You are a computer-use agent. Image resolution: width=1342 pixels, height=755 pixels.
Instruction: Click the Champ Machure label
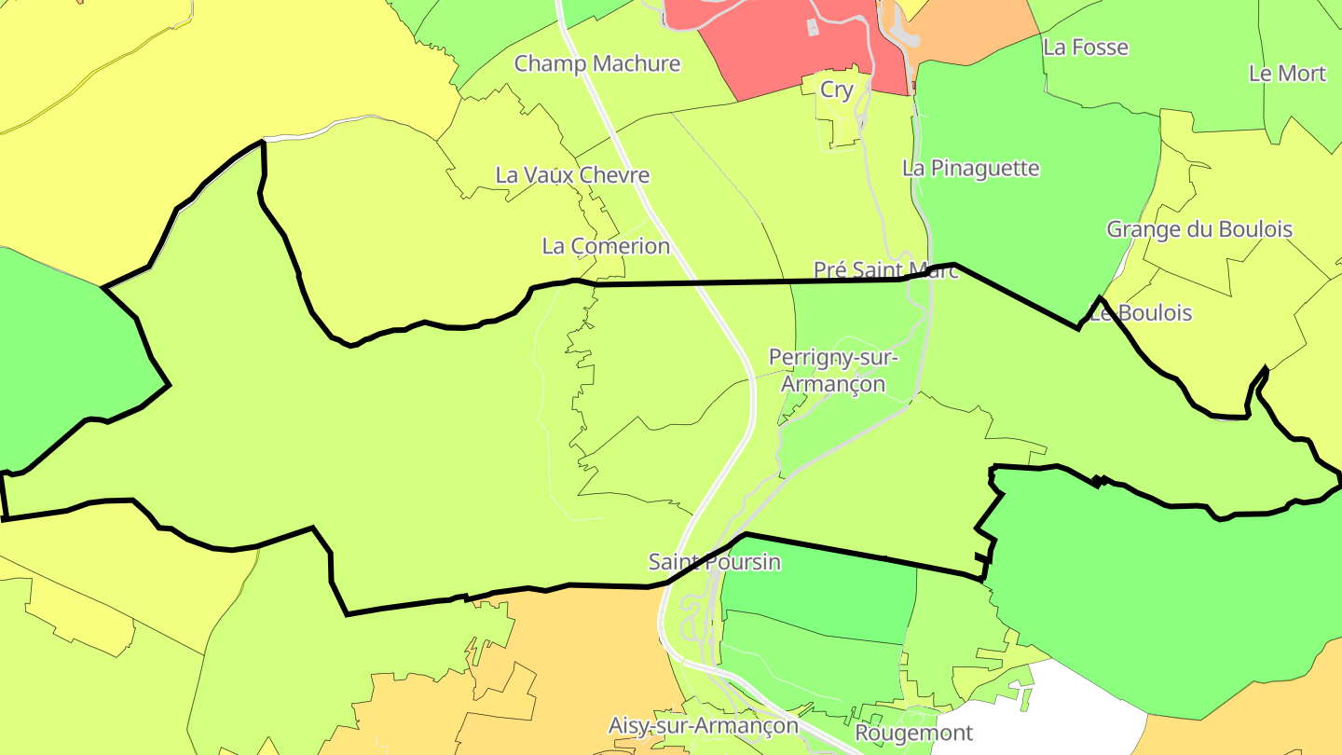point(597,63)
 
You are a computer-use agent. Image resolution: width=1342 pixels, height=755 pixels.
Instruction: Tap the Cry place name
point(836,90)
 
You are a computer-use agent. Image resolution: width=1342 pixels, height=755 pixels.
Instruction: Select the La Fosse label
point(1085,48)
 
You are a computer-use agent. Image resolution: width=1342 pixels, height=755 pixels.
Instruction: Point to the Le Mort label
point(1286,74)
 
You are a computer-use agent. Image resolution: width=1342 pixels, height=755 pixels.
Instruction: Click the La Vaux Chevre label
point(572,175)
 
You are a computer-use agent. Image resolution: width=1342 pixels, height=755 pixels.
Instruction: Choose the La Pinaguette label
point(970,169)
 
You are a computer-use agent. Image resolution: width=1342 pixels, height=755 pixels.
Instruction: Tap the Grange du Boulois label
point(1198,229)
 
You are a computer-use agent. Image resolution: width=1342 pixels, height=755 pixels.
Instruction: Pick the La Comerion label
point(606,246)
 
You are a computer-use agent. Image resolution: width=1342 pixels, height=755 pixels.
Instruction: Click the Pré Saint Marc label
point(885,270)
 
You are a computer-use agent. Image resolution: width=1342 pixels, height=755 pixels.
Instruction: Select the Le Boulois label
point(1141,313)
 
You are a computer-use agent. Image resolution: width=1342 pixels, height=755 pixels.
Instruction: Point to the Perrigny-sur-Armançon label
point(833,371)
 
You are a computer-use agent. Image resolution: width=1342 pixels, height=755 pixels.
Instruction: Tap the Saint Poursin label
point(714,562)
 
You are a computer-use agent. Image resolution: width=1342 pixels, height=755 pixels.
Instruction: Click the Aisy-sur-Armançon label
point(703,725)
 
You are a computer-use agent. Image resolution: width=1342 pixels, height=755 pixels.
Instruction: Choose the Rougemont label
point(913,734)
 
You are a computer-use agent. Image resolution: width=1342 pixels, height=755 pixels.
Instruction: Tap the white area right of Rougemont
point(1072,708)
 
